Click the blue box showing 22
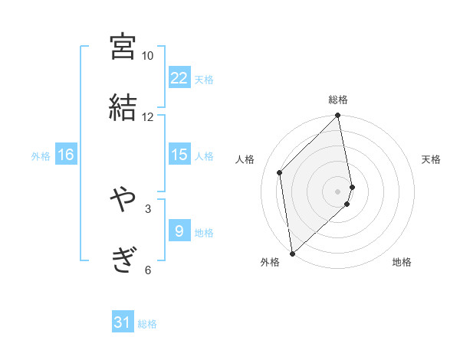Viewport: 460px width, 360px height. click(179, 78)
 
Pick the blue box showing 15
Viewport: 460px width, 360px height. click(179, 155)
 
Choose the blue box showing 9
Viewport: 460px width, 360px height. click(179, 231)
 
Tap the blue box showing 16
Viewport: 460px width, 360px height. click(66, 155)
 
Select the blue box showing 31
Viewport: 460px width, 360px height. click(123, 322)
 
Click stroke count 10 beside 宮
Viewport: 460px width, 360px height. click(147, 56)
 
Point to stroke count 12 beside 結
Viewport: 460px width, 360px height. click(147, 117)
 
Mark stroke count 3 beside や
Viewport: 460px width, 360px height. click(148, 208)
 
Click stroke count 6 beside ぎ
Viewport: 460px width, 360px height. click(148, 270)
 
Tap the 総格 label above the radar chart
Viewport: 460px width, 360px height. click(338, 100)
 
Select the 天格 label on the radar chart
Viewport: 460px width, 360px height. click(432, 159)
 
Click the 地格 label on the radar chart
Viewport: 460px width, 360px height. click(402, 262)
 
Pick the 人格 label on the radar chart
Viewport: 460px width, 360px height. click(245, 159)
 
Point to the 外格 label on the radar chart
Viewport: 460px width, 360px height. click(270, 262)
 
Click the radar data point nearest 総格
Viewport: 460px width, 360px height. click(338, 116)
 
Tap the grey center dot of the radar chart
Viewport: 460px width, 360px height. click(338, 191)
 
